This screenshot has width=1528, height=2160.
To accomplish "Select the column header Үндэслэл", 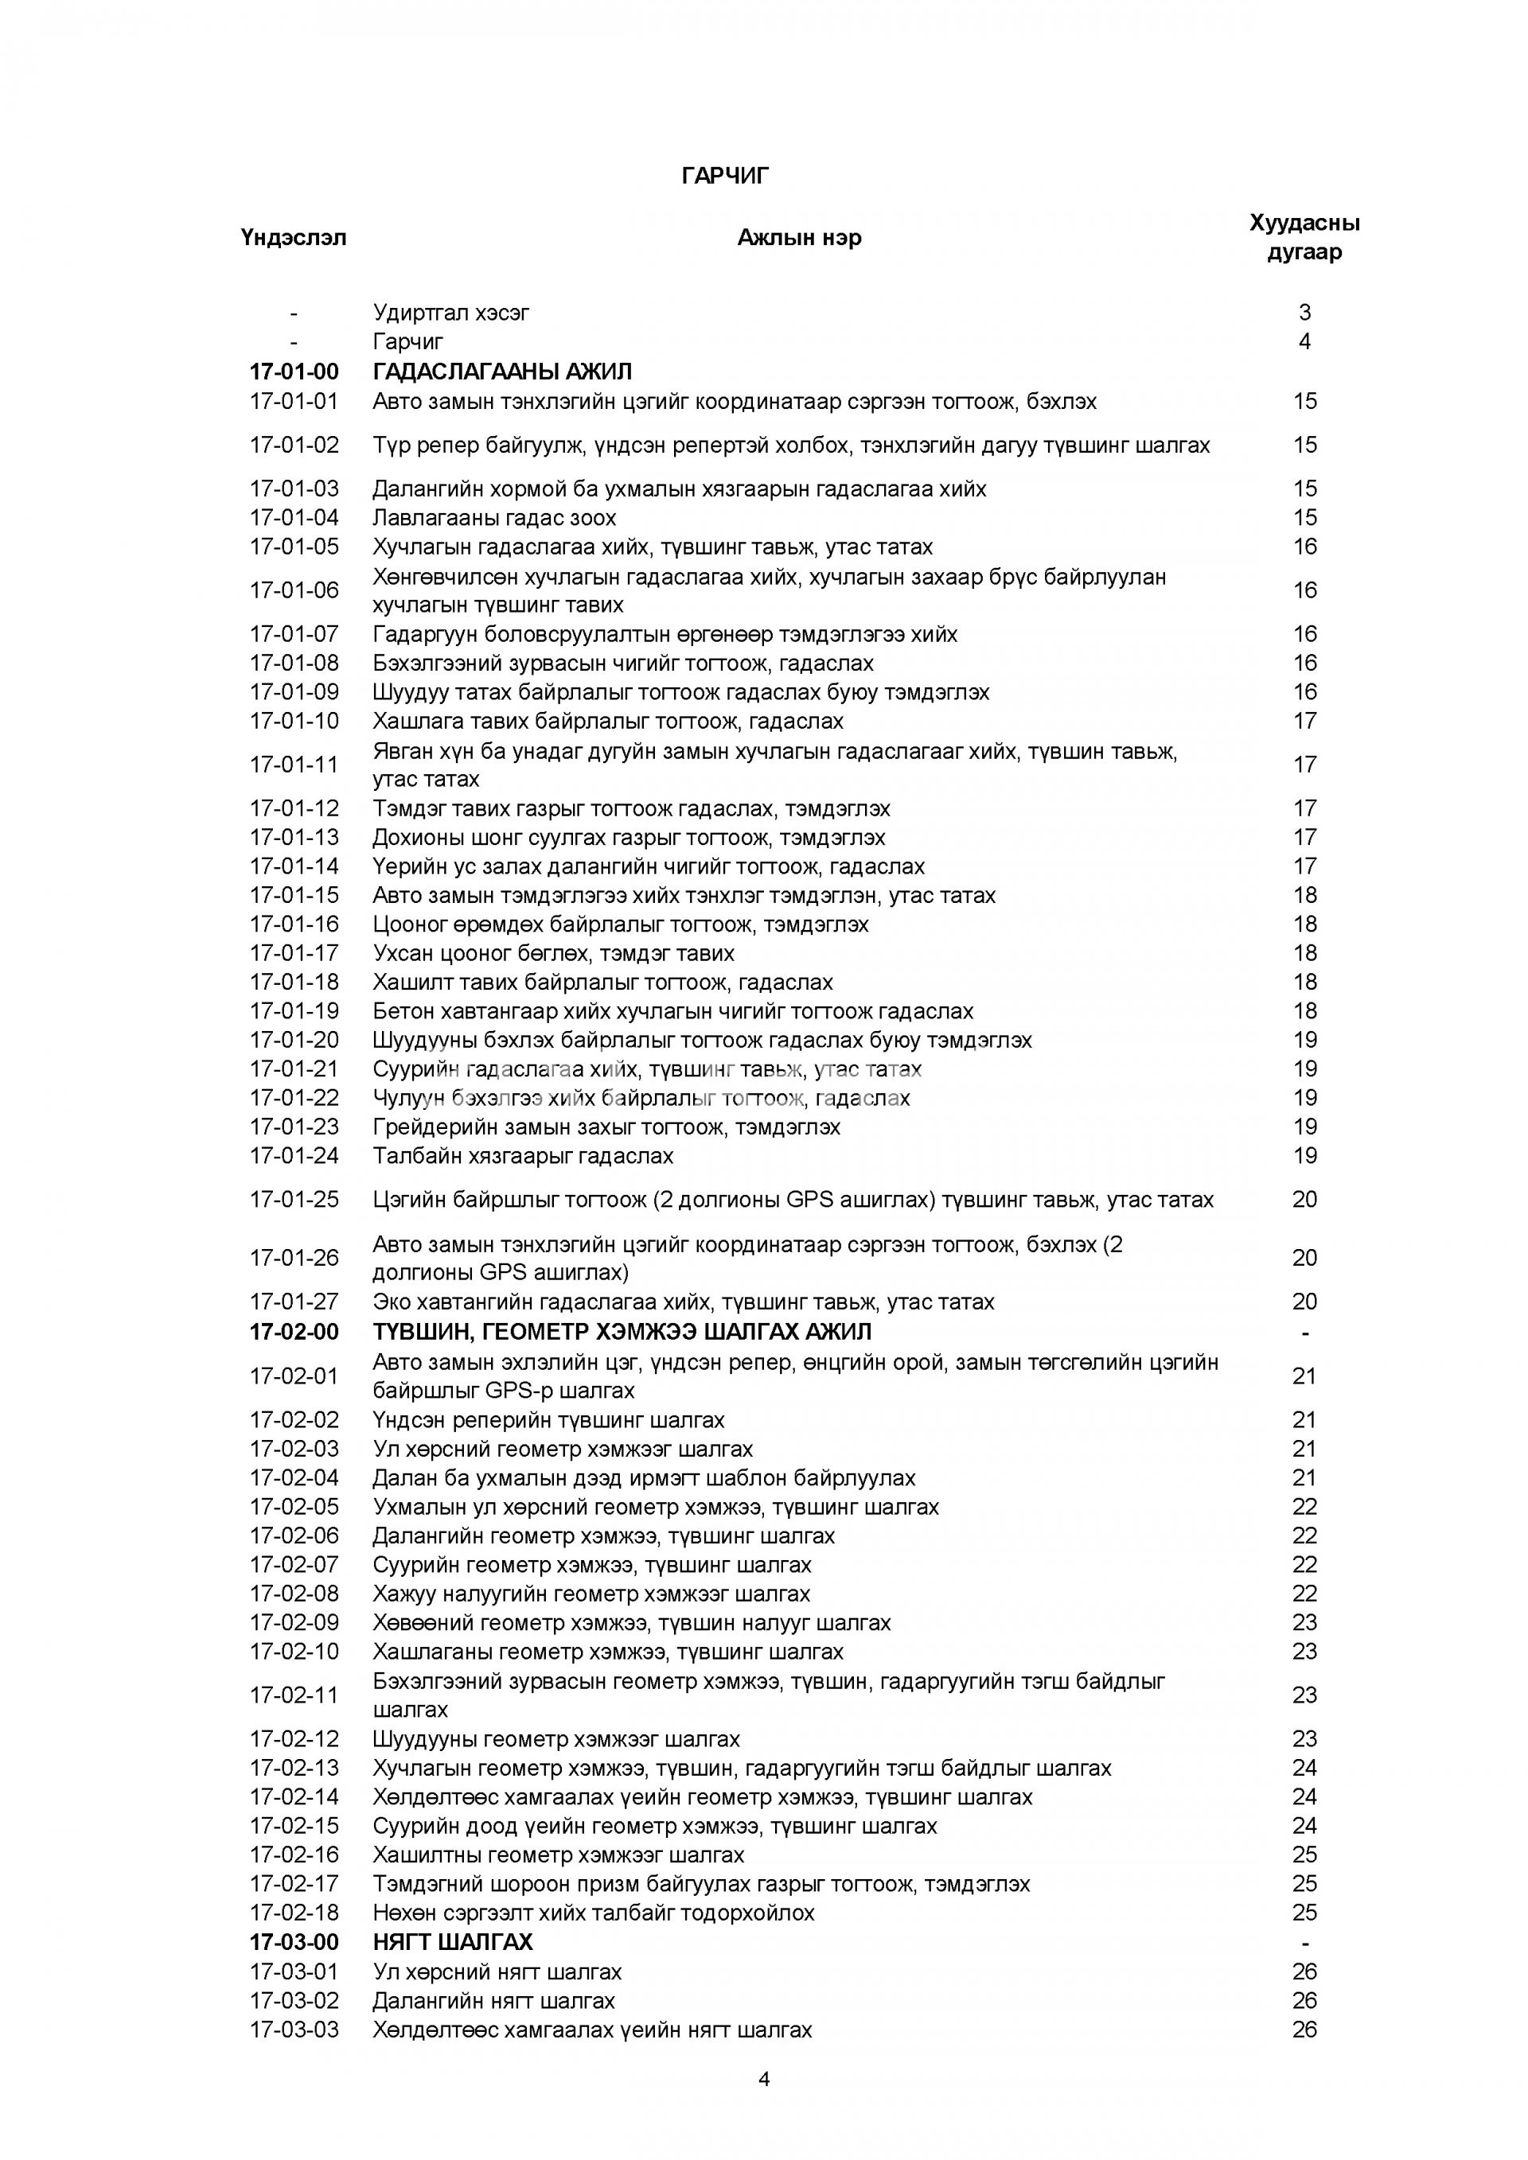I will tap(294, 237).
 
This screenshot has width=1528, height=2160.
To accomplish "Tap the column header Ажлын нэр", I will tap(799, 237).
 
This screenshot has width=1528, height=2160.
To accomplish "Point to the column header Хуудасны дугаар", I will tap(1304, 237).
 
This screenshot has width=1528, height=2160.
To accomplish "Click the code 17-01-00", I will tap(294, 372).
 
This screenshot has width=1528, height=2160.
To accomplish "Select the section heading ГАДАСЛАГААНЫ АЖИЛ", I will tap(502, 372).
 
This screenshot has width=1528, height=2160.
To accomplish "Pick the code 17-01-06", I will tap(294, 590).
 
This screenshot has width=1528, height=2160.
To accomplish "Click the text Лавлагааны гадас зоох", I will tap(494, 517).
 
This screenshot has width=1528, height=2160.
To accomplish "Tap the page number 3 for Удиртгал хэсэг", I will tap(1304, 313).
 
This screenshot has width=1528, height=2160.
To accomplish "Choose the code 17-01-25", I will tap(294, 1200).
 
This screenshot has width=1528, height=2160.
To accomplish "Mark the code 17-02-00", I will tap(294, 1331).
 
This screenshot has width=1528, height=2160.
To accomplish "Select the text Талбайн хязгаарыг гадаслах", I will tap(523, 1155).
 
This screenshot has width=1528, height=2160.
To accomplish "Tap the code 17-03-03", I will tap(294, 2030).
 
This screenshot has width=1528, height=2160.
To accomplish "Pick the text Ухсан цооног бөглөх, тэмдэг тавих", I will tap(553, 953).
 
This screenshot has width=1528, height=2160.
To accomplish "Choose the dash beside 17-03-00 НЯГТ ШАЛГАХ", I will tap(1304, 1942).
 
